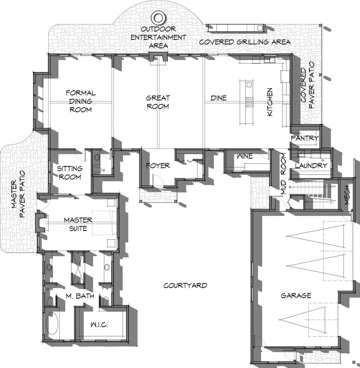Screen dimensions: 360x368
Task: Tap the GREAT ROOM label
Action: (158, 102)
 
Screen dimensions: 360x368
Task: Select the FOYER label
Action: (158, 166)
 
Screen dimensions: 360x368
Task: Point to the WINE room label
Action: (245, 156)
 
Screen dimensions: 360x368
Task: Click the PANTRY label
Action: (304, 138)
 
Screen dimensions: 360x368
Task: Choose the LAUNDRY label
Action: (311, 166)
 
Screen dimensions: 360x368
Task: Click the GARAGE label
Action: (296, 296)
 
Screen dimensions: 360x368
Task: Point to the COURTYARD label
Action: (185, 285)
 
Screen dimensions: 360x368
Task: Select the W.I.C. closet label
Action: (99, 324)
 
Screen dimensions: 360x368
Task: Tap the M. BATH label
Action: (80, 296)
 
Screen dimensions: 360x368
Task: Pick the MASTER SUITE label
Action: (78, 224)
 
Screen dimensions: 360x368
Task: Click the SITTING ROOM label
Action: (70, 173)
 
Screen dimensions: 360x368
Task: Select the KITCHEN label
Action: (270, 102)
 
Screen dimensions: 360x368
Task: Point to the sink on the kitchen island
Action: (249, 85)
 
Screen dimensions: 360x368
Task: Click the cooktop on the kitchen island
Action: (249, 102)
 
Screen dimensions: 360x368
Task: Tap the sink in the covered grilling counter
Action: (259, 28)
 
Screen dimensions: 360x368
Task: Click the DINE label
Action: (219, 98)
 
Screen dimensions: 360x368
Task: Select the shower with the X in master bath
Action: (77, 267)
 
